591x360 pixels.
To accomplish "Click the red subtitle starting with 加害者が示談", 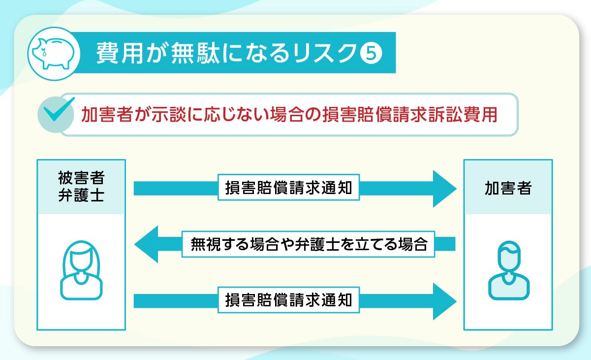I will click(289, 114).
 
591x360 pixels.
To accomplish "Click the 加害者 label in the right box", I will click(508, 188).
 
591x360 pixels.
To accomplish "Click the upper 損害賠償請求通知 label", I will click(288, 188).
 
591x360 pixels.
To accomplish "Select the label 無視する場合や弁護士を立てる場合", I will click(309, 244).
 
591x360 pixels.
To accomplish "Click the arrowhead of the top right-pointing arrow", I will click(444, 189).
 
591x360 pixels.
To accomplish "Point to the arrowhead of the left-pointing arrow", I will click(147, 244).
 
